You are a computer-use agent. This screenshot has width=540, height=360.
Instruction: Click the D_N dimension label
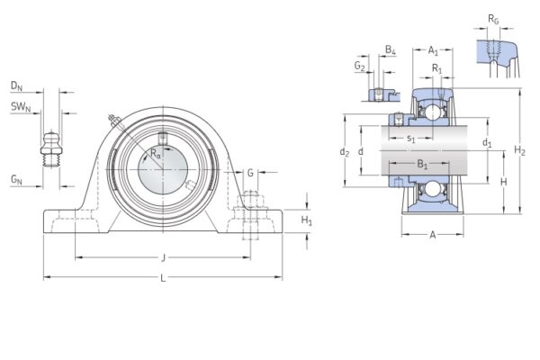16,85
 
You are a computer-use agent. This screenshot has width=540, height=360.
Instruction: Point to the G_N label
16,181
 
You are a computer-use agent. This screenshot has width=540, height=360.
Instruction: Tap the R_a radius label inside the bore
156,154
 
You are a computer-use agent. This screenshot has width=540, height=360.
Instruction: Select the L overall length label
163,277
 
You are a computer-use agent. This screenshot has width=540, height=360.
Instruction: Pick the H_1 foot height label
306,220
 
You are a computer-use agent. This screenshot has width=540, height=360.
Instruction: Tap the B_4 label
390,49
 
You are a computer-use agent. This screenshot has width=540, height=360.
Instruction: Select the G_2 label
360,66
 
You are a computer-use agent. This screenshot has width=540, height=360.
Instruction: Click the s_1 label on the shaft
410,138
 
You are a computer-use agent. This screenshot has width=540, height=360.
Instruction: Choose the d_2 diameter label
344,152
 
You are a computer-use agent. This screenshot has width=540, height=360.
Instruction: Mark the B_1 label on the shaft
422,165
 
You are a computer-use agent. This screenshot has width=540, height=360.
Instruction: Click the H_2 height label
519,150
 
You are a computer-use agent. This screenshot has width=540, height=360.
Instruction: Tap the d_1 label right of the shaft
487,143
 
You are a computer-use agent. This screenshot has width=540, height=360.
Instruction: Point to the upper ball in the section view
431,112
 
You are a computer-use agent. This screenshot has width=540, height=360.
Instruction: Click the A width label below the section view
433,235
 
